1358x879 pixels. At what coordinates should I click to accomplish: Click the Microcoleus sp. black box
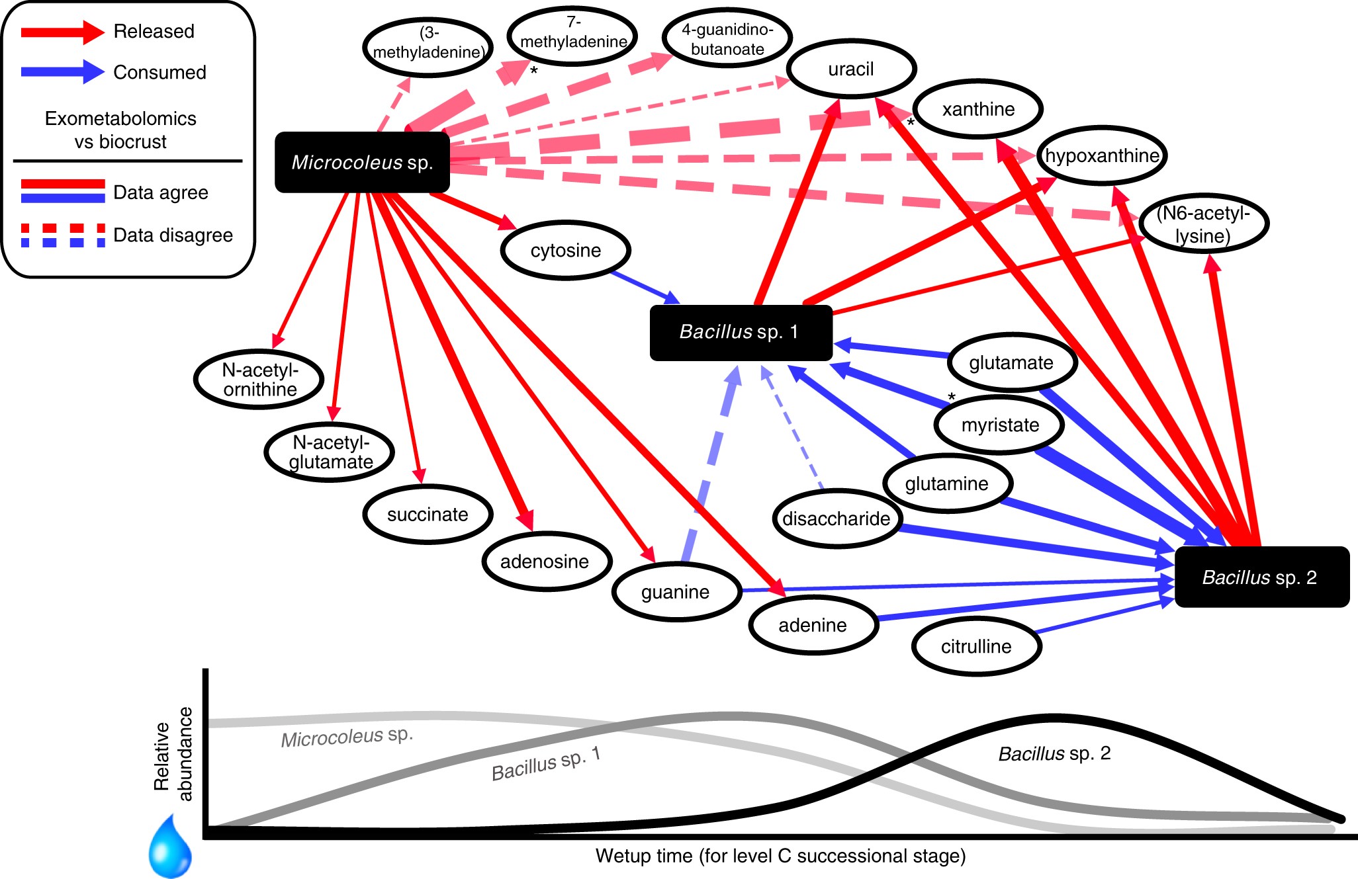[362, 162]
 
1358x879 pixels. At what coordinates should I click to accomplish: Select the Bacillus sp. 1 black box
[741, 332]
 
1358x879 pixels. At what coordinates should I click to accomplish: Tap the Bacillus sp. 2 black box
[1261, 577]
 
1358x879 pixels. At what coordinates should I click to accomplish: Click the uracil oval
[851, 69]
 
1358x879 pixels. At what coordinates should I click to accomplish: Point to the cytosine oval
[565, 251]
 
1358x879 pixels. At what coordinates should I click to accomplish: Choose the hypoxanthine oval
[1101, 155]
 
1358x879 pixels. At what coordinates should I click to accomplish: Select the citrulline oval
[976, 646]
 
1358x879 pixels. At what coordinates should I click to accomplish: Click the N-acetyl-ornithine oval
[259, 379]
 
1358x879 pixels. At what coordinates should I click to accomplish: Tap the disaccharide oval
[836, 519]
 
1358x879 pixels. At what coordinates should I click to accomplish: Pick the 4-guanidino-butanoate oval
[727, 39]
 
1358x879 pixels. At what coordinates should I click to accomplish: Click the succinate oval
[428, 515]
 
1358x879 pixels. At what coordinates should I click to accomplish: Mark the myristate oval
[999, 425]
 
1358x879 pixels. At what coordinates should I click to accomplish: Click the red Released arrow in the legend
[62, 32]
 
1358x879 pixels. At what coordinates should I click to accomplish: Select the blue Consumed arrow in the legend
[62, 71]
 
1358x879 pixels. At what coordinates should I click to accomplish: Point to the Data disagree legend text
[173, 235]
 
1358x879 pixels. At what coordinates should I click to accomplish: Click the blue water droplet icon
[170, 849]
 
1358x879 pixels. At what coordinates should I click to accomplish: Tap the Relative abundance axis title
[173, 754]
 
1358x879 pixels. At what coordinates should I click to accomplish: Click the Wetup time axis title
[780, 856]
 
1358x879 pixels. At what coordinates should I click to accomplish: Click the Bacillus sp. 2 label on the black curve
[1054, 753]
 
